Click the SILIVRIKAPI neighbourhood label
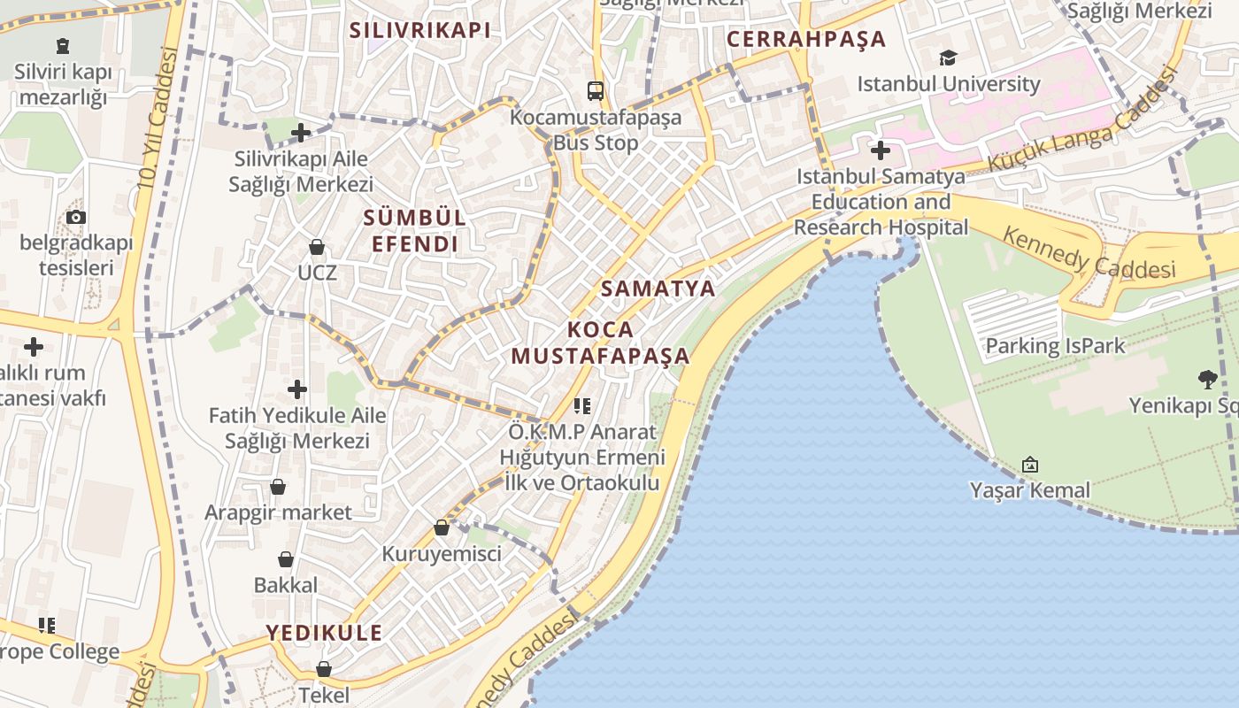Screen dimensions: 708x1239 click(419, 30)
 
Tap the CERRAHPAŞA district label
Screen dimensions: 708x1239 click(806, 39)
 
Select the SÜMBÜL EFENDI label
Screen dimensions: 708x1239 click(414, 230)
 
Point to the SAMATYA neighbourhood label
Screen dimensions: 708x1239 click(658, 289)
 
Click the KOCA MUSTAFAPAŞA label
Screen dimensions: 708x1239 click(600, 342)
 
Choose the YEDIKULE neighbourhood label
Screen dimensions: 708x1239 click(325, 633)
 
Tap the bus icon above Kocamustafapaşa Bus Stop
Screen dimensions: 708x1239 click(596, 90)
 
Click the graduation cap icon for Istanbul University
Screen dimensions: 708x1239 click(949, 58)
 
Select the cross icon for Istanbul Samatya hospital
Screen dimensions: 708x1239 click(881, 150)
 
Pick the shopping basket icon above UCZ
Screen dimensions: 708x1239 click(317, 246)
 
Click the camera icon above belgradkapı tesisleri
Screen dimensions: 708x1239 click(76, 217)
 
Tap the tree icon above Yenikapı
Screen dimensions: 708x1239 click(1207, 380)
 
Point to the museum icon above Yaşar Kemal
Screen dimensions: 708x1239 click(1030, 465)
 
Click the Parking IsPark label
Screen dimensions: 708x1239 click(1055, 345)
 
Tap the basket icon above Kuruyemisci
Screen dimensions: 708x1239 click(442, 528)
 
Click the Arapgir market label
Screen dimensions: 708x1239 click(278, 512)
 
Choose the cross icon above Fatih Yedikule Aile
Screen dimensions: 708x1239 click(297, 389)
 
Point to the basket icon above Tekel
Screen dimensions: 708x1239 click(324, 669)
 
